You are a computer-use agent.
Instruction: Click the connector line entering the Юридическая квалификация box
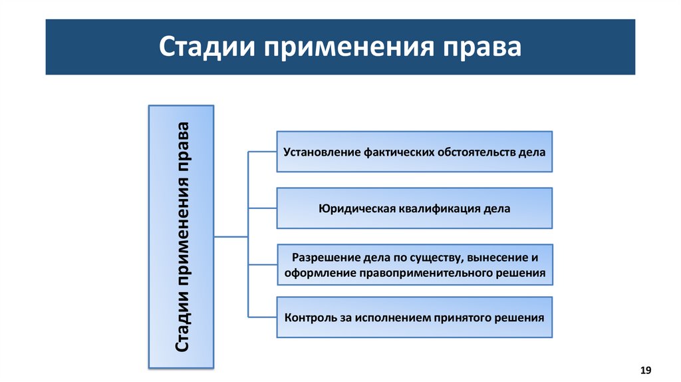262,208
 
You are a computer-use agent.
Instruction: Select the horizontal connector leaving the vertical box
230,236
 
